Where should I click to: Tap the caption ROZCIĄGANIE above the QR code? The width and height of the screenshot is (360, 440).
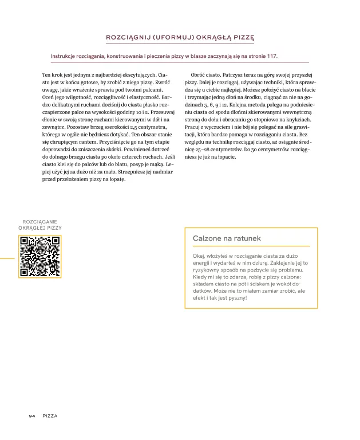click(40, 221)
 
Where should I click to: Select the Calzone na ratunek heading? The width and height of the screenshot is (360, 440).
click(227, 238)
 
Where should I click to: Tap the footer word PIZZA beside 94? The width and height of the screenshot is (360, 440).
click(50, 415)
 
